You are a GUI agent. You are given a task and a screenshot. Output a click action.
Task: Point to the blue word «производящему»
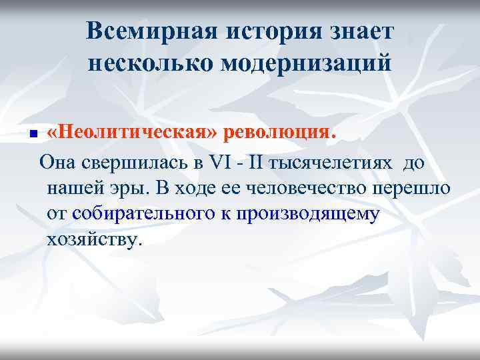point(316,215)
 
